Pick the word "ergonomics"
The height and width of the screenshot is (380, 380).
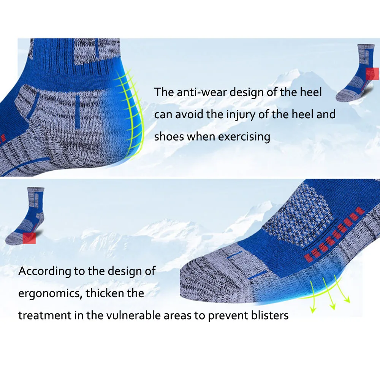tap(49, 294)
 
